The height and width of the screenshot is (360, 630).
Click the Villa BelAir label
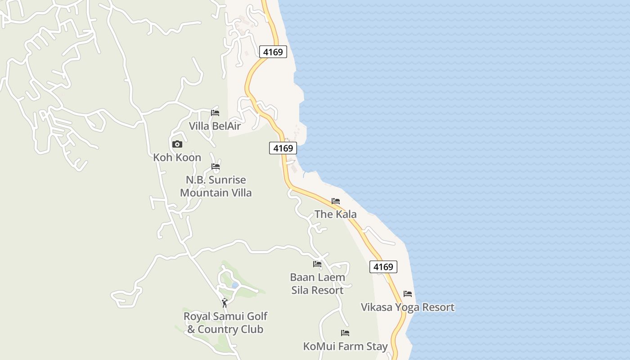point(215,126)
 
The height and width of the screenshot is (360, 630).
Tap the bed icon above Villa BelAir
point(215,112)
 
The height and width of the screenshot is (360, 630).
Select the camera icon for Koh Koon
point(177,144)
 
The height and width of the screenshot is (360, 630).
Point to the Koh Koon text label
point(177,157)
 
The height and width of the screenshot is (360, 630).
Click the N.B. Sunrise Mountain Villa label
point(216,186)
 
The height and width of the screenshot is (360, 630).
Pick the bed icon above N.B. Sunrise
point(216,166)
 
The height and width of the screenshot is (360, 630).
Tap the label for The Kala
point(336,214)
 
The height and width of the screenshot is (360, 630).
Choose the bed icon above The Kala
point(336,201)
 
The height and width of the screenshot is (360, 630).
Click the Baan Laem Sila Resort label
point(317,283)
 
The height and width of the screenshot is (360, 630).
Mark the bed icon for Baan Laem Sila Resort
point(317,264)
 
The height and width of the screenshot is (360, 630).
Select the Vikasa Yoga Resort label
point(408,307)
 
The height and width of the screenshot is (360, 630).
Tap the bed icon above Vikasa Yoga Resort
point(408,293)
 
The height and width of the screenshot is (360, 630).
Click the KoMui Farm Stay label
point(345,346)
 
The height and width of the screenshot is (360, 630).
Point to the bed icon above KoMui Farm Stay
point(345,333)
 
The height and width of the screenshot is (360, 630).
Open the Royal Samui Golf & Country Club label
point(225,323)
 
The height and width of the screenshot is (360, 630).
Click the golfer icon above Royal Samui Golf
point(225,303)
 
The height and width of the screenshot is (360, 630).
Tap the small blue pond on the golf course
point(234,285)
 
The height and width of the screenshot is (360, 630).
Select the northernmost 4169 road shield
point(273,52)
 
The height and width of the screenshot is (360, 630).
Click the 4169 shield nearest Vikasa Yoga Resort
point(383,266)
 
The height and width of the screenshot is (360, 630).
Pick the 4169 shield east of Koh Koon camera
point(283,148)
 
